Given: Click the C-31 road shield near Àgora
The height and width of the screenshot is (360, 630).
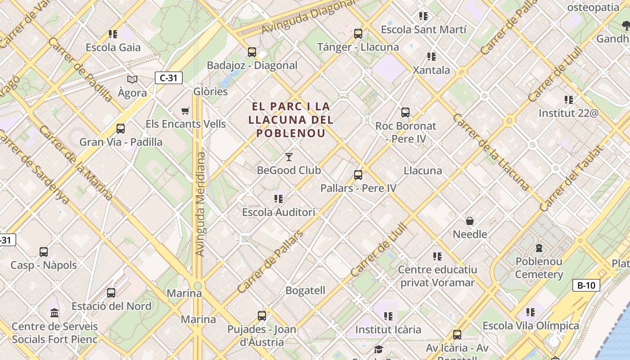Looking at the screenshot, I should (x=168, y=78).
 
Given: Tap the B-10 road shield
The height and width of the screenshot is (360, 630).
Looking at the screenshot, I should (x=586, y=285).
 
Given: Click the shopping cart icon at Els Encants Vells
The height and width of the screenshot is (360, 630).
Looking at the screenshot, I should (x=185, y=111).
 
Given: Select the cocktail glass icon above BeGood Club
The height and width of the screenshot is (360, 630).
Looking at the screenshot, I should (x=289, y=157).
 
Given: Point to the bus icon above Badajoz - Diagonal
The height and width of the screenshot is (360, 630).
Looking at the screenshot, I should (x=252, y=52).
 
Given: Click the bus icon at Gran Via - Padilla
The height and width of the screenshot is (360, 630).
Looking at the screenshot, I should (x=121, y=129).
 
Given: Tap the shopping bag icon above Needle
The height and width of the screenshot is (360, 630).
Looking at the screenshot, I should (x=470, y=221).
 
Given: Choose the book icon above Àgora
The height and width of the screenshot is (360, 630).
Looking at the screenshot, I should (x=132, y=80).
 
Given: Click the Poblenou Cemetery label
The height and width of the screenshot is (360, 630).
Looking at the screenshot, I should (x=539, y=268).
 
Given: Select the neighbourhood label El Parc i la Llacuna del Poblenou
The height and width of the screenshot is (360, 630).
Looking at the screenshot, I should (x=291, y=120).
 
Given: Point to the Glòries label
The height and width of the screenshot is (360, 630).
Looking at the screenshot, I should (x=211, y=92).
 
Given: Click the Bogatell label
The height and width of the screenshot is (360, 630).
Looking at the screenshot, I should (x=305, y=291).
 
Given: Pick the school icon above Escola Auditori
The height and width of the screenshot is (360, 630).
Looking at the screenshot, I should (x=279, y=198).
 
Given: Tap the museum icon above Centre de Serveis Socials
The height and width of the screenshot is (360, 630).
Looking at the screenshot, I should (x=54, y=312).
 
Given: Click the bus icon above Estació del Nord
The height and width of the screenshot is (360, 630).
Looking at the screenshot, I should (x=111, y=292).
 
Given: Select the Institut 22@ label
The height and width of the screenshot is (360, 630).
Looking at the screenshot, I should (x=569, y=113).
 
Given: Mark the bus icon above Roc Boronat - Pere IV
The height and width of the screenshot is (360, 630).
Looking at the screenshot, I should (x=405, y=112).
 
